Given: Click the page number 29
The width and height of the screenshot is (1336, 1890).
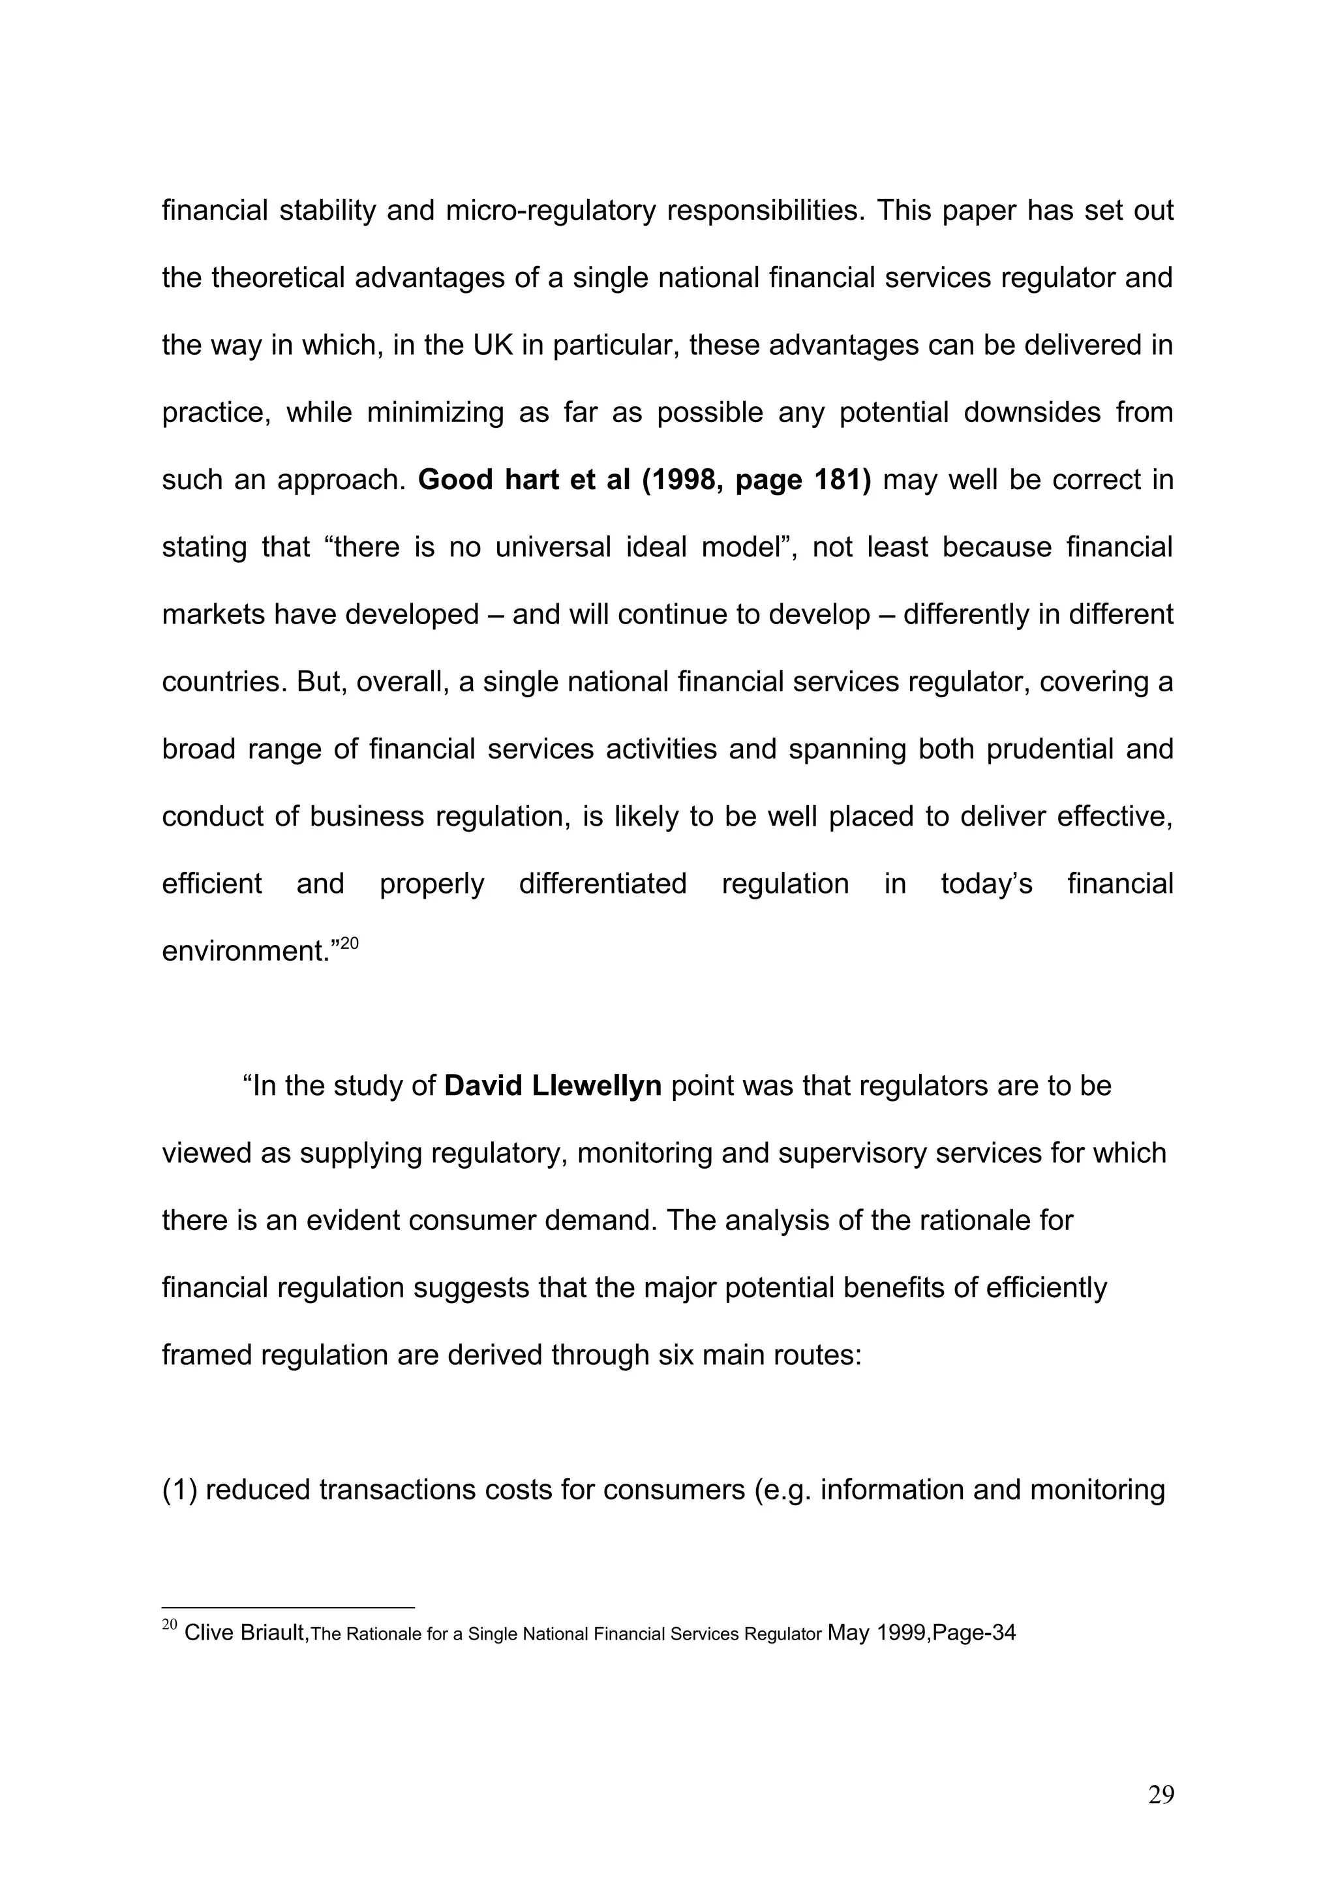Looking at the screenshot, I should pos(1161,1818).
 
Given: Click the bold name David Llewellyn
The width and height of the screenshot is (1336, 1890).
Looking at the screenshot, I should pos(553,1086).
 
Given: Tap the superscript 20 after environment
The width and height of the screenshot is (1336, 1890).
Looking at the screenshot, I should pos(349,943).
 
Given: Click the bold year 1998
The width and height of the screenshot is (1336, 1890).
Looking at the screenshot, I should pos(685,480).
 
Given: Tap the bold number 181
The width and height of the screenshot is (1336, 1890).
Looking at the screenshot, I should pos(843,480).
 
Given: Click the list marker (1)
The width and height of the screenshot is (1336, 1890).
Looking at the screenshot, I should pos(179,1490).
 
